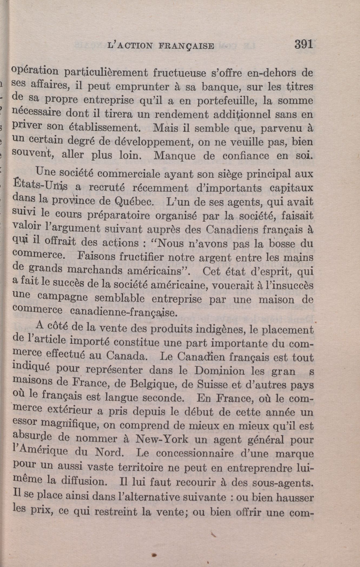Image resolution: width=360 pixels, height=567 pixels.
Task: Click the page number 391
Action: coord(303,44)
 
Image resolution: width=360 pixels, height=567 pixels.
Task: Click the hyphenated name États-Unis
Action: coord(41,187)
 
